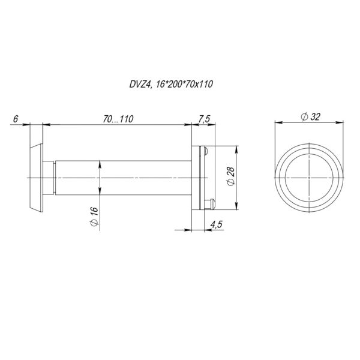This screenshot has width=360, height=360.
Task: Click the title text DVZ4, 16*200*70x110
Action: coord(171,84)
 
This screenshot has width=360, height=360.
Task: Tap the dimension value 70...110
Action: coord(118,119)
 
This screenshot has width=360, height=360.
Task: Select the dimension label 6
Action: coord(16,119)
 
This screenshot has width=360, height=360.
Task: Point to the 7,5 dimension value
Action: coord(204,119)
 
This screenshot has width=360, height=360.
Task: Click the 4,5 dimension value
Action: coord(216,224)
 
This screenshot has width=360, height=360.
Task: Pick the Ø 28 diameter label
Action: coord(231,176)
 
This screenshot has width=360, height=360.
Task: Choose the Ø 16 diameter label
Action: coord(94,217)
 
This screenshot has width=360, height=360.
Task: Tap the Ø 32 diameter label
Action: coord(310,117)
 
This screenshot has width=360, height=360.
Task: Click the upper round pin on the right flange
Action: coord(205,151)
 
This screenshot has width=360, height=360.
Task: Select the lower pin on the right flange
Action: coord(209,204)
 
